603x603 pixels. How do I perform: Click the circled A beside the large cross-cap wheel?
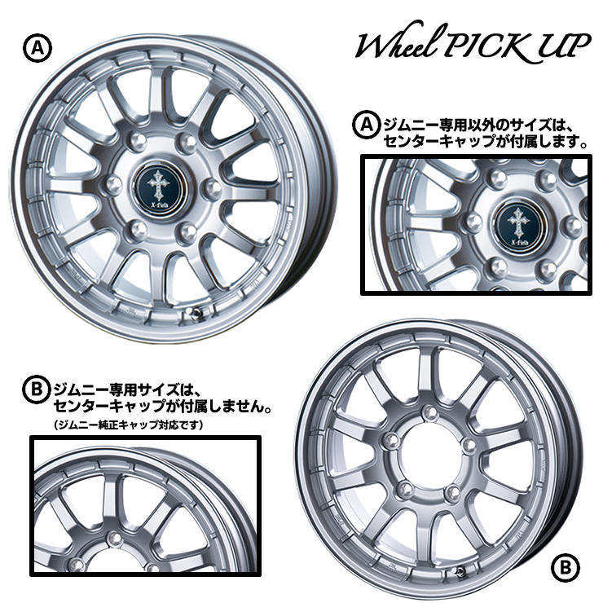coord(37,48)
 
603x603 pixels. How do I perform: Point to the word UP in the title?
coord(562,46)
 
